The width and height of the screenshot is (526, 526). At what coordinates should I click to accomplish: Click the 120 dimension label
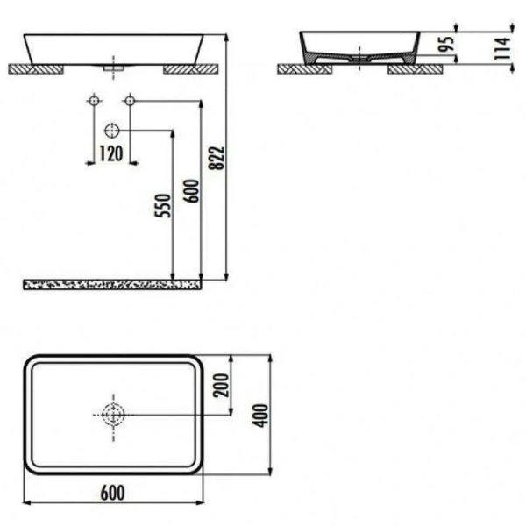[110, 155]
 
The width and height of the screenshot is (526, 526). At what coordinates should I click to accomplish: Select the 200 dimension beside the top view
[222, 384]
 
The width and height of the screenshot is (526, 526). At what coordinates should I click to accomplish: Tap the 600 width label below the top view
[112, 493]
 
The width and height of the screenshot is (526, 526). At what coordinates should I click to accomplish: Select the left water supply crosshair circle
[94, 102]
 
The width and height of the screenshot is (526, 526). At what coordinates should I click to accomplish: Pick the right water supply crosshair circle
[129, 102]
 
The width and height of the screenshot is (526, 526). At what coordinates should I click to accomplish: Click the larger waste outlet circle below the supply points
[112, 131]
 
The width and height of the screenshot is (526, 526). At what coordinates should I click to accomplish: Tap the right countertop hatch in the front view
[190, 68]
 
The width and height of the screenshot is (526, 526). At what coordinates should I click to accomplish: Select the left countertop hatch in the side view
[302, 68]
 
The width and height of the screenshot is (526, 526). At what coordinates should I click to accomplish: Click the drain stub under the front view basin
[112, 66]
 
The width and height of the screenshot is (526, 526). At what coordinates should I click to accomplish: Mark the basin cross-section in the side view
[359, 48]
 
